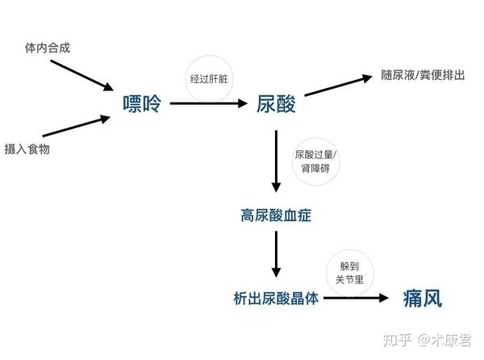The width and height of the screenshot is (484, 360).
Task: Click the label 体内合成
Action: pyautogui.click(x=48, y=48)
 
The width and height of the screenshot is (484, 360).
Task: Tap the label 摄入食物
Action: pyautogui.click(x=27, y=149)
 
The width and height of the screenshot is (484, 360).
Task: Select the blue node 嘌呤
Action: pyautogui.click(x=142, y=103)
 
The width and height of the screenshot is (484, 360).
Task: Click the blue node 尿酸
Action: pyautogui.click(x=276, y=103)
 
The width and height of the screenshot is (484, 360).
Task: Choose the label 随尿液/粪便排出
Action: pyautogui.click(x=423, y=75)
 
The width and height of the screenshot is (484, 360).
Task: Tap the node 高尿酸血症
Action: pyautogui.click(x=276, y=216)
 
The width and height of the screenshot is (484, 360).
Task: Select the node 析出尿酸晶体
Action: pyautogui.click(x=276, y=298)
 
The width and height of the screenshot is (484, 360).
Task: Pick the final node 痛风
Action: pyautogui.click(x=423, y=298)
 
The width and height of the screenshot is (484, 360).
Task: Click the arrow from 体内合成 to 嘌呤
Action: pyautogui.click(x=82, y=75)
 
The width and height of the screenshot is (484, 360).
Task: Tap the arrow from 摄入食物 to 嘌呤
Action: pyautogui.click(x=77, y=126)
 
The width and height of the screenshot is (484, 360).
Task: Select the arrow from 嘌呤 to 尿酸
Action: pyautogui.click(x=209, y=103)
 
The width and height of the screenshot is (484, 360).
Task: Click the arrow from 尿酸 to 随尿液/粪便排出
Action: pyautogui.click(x=338, y=86)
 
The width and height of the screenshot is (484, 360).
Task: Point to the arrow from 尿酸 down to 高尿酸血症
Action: pyautogui.click(x=276, y=161)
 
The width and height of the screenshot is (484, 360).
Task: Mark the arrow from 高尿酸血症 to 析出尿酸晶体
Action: pyautogui.click(x=276, y=254)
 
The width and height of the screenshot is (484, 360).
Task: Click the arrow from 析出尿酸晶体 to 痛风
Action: pyautogui.click(x=356, y=298)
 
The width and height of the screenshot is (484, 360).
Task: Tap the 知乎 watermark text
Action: pyautogui.click(x=398, y=340)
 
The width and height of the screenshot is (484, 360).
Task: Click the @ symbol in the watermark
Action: pyautogui.click(x=424, y=341)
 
